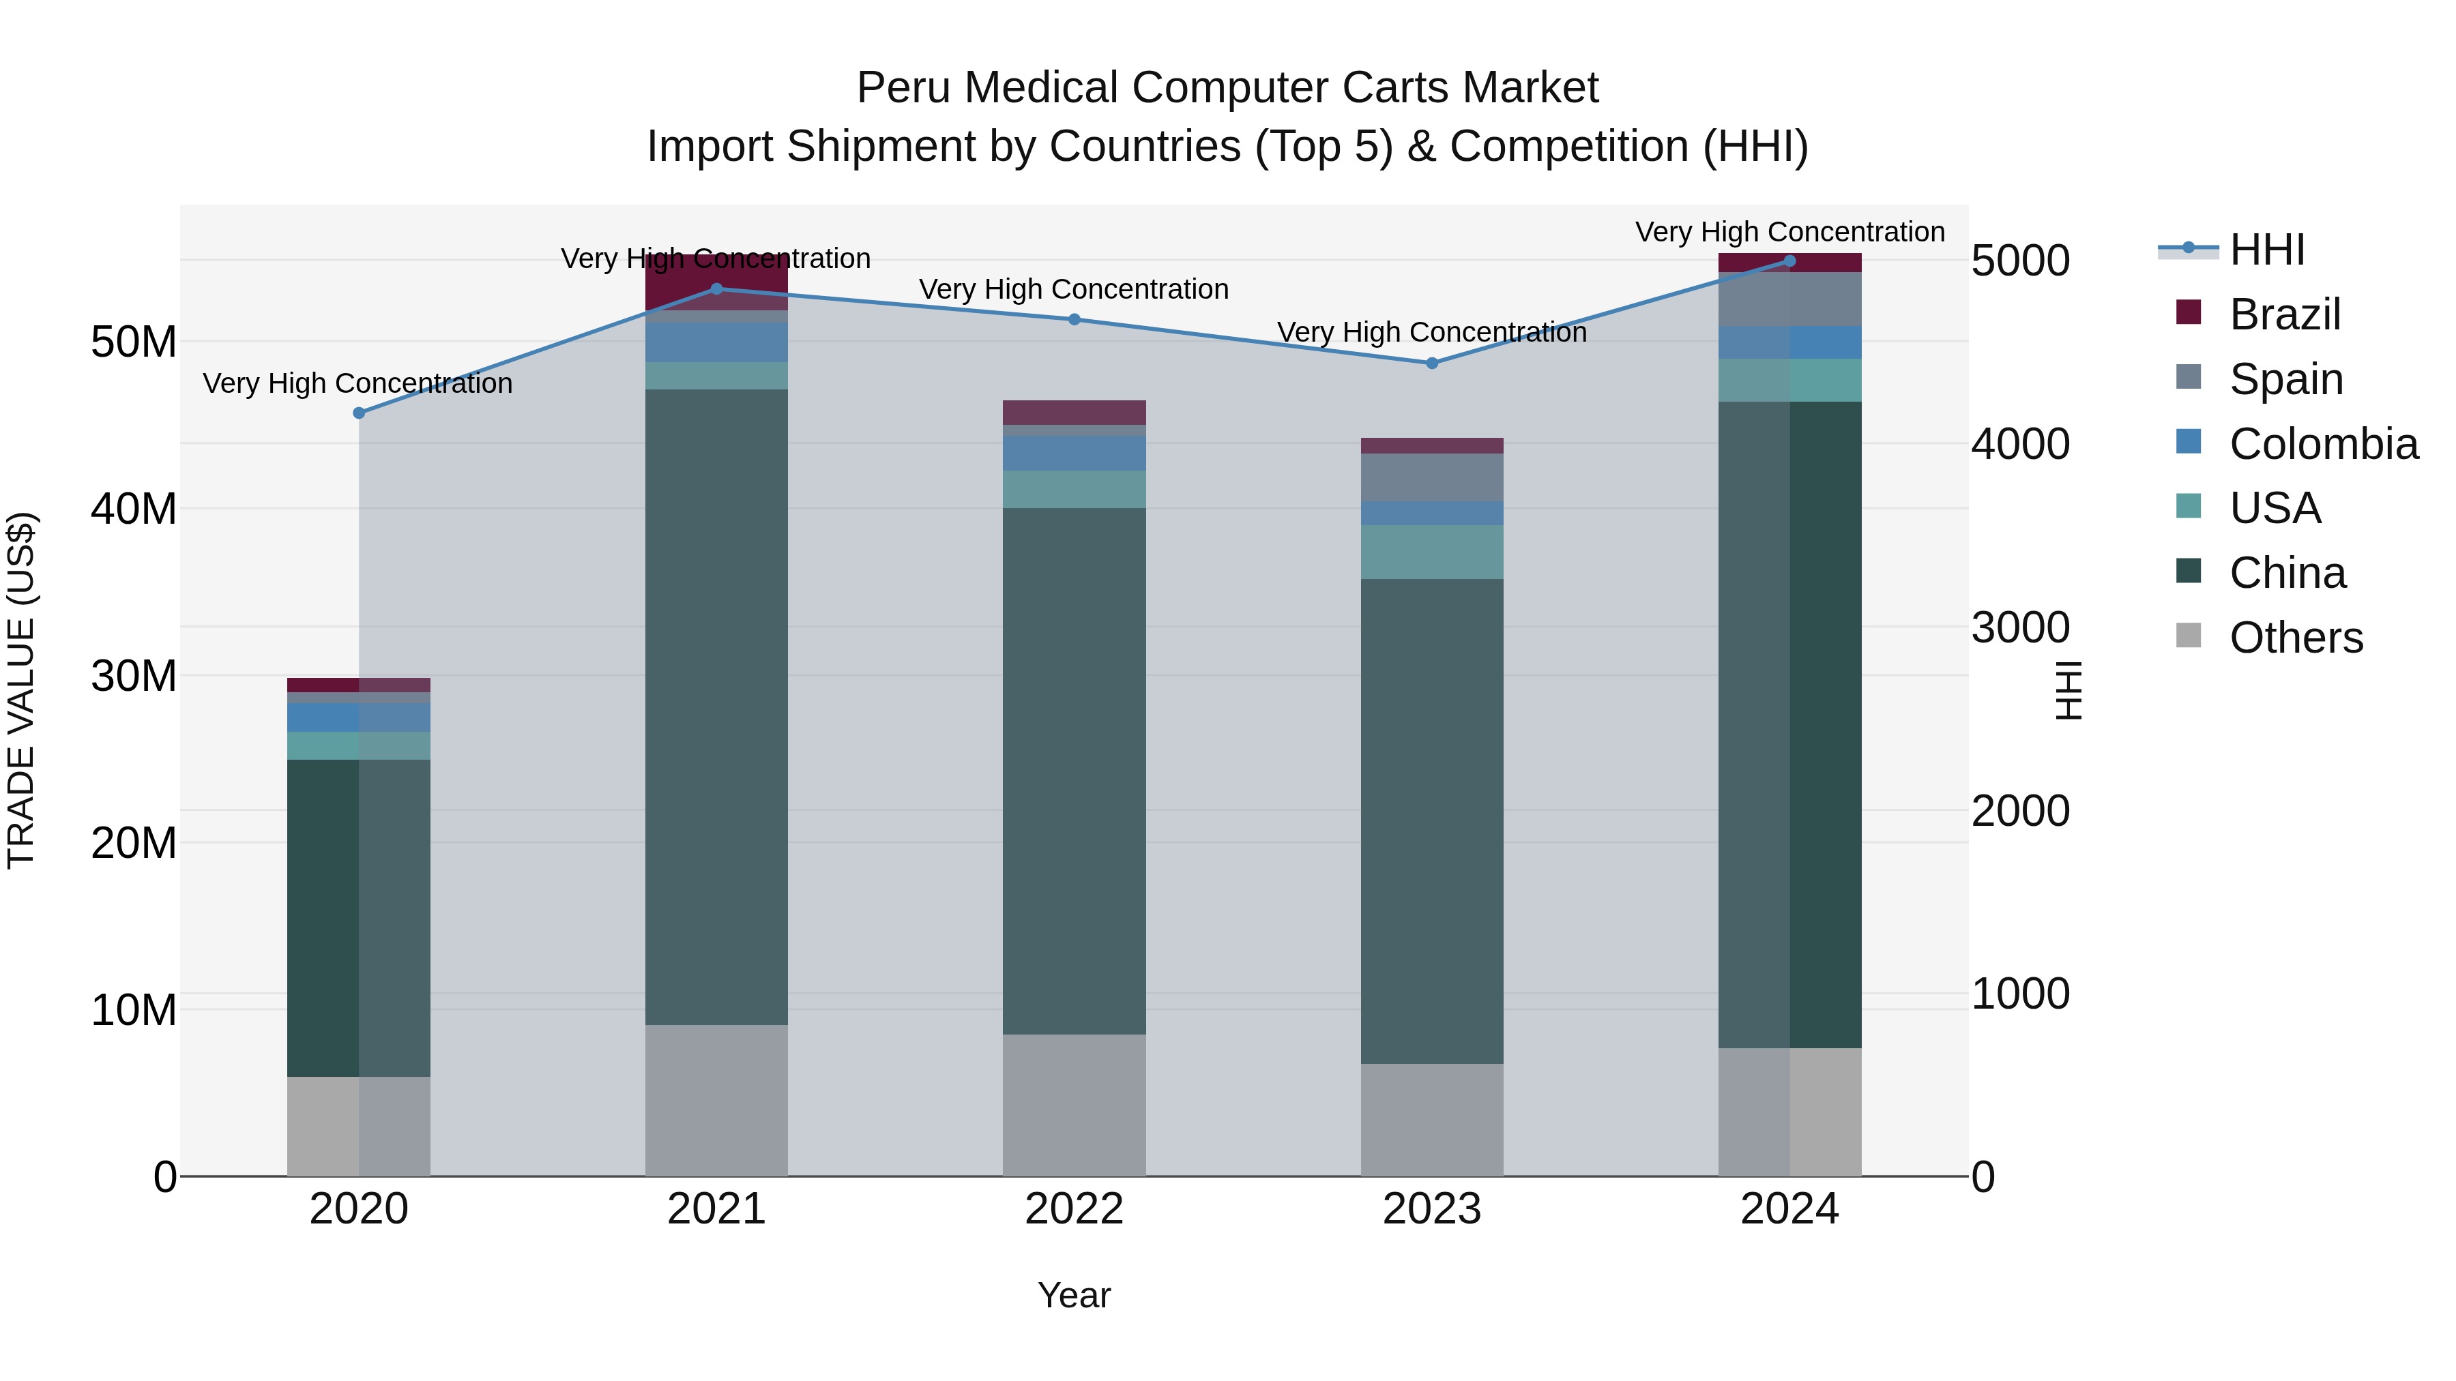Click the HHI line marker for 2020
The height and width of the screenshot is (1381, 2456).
358,413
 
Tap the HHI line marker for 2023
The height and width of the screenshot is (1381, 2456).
1431,363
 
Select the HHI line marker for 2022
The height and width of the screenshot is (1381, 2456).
1074,319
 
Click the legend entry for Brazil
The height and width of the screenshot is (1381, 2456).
2284,314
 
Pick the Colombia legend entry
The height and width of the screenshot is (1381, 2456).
2322,444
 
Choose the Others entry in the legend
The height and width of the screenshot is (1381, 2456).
2296,638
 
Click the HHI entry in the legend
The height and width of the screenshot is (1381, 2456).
2266,250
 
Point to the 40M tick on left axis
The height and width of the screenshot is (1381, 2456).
134,509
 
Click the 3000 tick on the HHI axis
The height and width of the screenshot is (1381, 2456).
2019,627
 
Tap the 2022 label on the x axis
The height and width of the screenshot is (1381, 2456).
1074,1209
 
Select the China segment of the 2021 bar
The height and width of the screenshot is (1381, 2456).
716,705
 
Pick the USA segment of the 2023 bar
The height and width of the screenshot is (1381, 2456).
1431,552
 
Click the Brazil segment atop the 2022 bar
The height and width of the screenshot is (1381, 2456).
1074,413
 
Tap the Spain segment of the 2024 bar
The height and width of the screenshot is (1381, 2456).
1789,299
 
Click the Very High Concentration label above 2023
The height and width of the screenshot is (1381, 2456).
1431,333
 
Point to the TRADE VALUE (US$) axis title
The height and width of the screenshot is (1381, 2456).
21,690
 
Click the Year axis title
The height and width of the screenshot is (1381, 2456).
1074,1295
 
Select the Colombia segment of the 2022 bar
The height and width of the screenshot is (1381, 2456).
1074,454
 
